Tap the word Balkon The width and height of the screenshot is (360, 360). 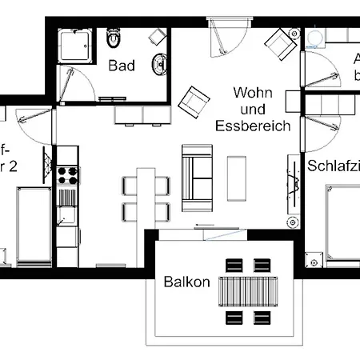tap(186, 282)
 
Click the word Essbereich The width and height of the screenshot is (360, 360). tap(252, 126)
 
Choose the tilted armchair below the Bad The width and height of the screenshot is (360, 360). tap(195, 100)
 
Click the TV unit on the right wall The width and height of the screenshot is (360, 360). tap(292, 188)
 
